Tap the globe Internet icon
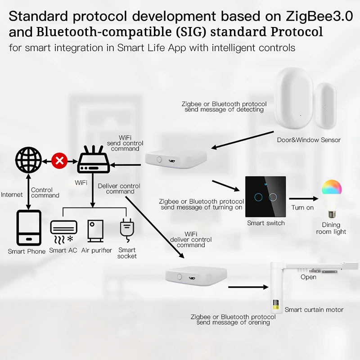point(28,160)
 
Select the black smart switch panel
point(265,196)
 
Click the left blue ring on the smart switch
point(258,197)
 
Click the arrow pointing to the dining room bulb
point(301,198)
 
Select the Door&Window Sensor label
point(309,140)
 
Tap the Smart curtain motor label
point(314,310)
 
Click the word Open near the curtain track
point(308,277)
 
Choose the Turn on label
point(302,207)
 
